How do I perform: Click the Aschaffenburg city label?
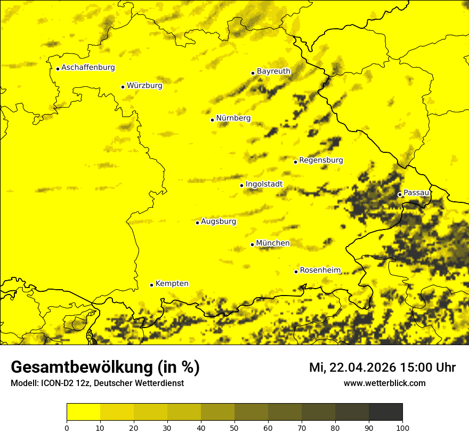pyautogui.click(x=88, y=68)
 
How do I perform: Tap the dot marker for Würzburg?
pyautogui.click(x=123, y=87)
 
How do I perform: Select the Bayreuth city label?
pyautogui.click(x=273, y=71)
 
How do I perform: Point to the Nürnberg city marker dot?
pyautogui.click(x=212, y=120)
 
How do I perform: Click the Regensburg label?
pyautogui.click(x=321, y=160)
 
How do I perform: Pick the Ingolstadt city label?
pyautogui.click(x=264, y=184)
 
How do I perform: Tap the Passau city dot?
pyautogui.click(x=400, y=194)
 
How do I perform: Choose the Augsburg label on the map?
pyautogui.click(x=219, y=222)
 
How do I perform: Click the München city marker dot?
pyautogui.click(x=252, y=244)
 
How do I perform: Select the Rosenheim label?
pyautogui.click(x=320, y=271)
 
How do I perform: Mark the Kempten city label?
pyautogui.click(x=172, y=284)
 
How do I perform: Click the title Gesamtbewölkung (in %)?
pyautogui.click(x=105, y=367)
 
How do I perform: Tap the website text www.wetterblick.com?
pyautogui.click(x=384, y=383)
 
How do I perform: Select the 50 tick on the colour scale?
pyautogui.click(x=234, y=428)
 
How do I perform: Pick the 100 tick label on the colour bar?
pyautogui.click(x=402, y=428)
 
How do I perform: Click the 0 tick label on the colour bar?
pyautogui.click(x=67, y=428)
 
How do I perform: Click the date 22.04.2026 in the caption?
pyautogui.click(x=362, y=367)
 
